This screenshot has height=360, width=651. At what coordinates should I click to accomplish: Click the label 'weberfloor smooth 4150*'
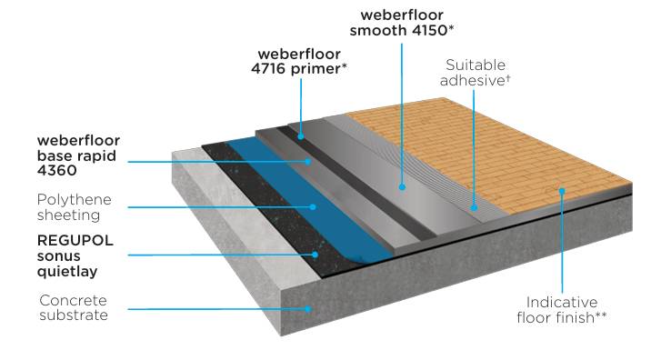(407, 24)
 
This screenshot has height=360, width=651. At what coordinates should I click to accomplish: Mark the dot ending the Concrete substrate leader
(311, 308)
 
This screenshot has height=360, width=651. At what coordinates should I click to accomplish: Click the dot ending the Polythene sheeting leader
(313, 206)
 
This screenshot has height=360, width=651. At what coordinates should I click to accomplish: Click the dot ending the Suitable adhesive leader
(475, 207)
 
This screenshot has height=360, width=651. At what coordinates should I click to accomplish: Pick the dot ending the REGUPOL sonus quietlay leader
(315, 255)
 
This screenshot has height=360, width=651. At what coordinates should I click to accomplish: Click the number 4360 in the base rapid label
(57, 169)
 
